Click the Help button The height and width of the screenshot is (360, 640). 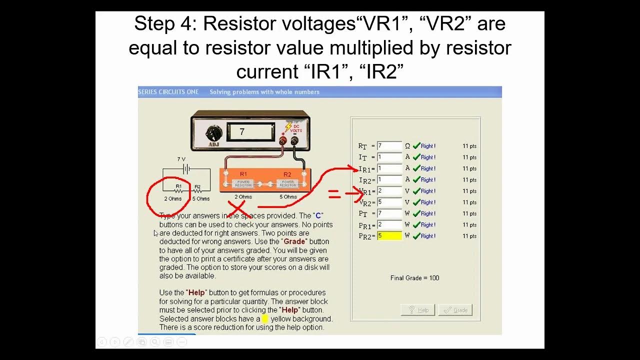tap(418, 310)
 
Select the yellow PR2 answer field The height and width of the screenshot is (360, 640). tap(389, 236)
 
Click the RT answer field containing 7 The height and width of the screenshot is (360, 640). tap(389, 146)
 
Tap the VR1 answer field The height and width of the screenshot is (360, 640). tap(389, 191)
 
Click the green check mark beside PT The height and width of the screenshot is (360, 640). tap(416, 213)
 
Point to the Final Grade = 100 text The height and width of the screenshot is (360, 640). tap(414, 278)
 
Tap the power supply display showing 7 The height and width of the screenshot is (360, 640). tap(250, 132)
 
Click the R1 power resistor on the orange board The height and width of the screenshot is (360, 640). tap(243, 183)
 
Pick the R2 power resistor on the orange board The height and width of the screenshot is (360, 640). tap(287, 183)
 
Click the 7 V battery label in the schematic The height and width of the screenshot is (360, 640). tap(181, 159)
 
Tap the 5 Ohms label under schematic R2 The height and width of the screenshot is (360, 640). tap(201, 199)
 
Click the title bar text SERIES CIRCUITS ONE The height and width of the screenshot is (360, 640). tap(168, 92)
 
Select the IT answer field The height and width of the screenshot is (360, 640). tap(389, 157)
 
